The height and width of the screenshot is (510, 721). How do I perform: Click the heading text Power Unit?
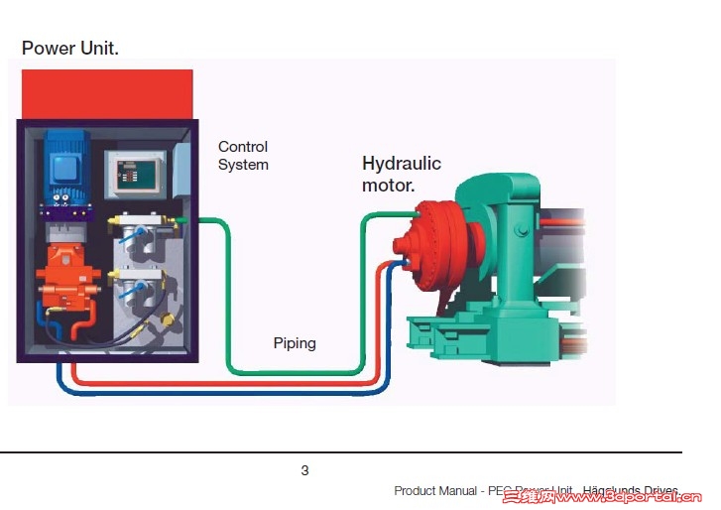[x=69, y=48]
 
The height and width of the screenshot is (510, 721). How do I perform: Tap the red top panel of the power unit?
[x=106, y=93]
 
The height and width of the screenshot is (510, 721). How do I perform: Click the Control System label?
[x=243, y=156]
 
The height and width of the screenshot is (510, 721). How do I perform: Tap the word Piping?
[x=295, y=343]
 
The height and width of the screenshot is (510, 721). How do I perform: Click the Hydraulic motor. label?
[x=401, y=174]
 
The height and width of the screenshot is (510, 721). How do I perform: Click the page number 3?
[x=304, y=470]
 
